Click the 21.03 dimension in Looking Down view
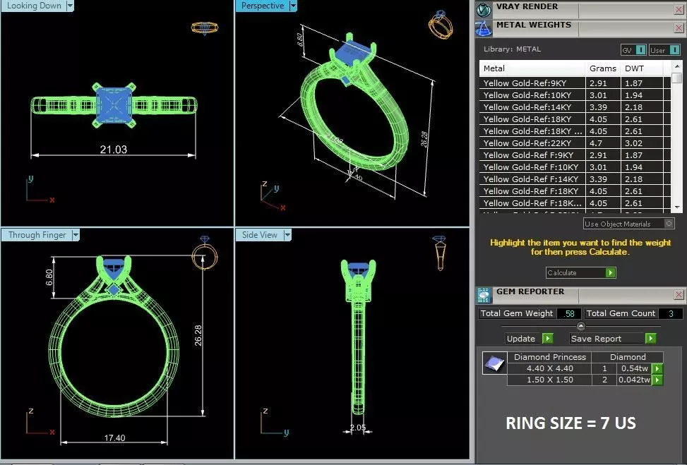point(113,150)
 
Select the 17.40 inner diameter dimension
point(114,438)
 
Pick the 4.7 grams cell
point(597,143)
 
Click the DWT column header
point(634,68)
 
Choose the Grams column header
point(602,68)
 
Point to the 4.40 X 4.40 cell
point(550,368)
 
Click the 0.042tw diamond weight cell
point(635,380)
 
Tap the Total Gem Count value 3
point(669,313)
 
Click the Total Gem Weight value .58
point(568,313)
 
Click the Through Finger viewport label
point(37,235)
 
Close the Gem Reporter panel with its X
point(679,294)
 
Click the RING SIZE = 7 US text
point(570,423)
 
